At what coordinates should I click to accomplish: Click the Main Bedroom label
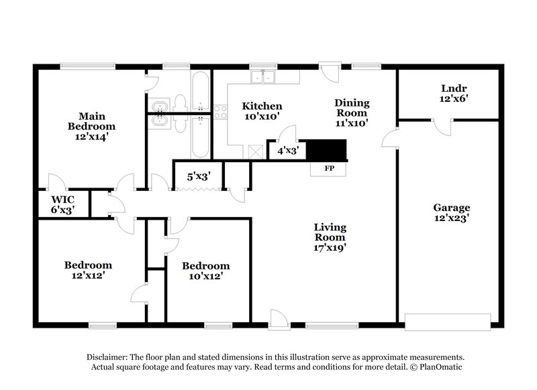click(91, 121)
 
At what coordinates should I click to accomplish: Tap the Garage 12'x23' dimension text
click(450, 218)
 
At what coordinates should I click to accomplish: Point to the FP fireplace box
click(329, 168)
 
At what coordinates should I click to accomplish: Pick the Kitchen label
click(262, 106)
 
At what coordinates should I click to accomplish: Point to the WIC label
click(62, 199)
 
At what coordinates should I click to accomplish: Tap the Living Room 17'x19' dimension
click(330, 247)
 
